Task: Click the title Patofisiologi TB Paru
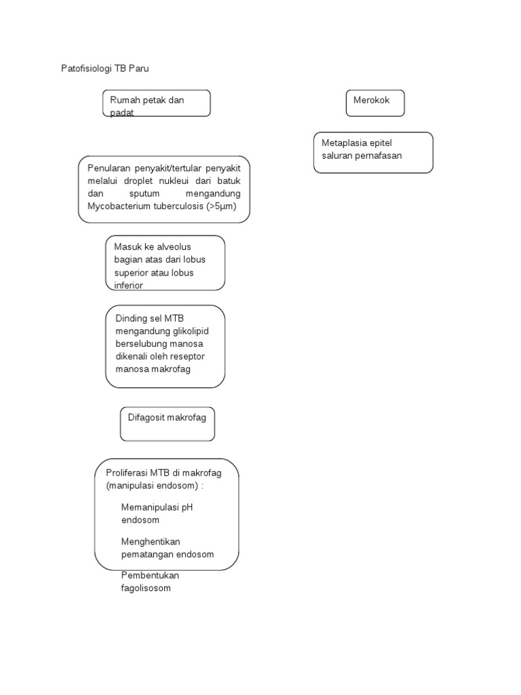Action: point(105,69)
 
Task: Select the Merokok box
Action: point(375,103)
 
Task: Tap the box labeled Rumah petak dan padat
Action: point(157,103)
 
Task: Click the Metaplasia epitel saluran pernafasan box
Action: point(373,153)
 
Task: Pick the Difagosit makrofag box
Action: point(168,424)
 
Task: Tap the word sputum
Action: point(144,193)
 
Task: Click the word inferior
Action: point(128,286)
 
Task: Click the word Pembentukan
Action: point(150,576)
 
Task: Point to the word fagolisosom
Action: point(146,588)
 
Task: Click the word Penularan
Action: point(108,168)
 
